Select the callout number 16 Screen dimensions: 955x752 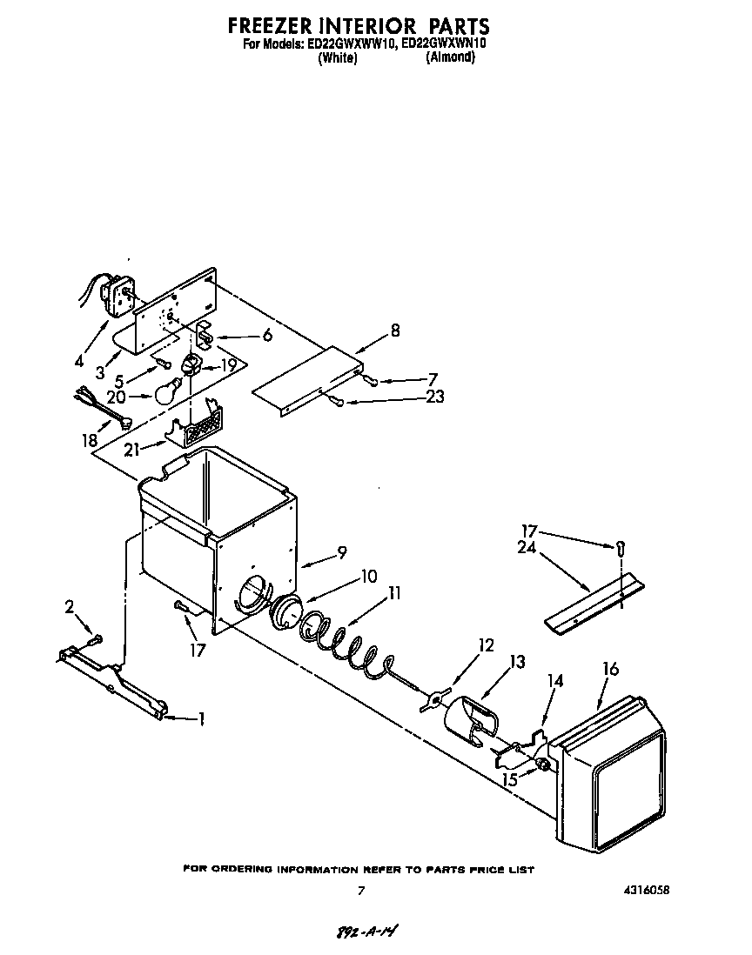point(611,669)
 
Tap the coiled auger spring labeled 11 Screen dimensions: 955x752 point(344,644)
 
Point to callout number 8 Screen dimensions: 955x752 point(395,331)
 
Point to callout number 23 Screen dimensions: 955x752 point(435,397)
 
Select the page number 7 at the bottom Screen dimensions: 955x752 point(359,891)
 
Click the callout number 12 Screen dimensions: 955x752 point(486,645)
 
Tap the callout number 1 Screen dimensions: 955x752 point(201,718)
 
